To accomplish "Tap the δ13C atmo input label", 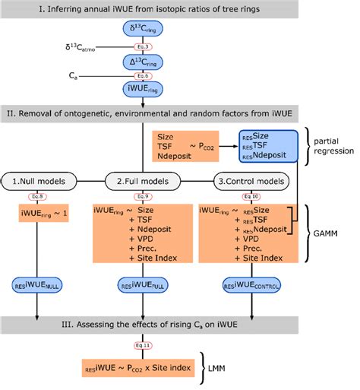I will tap(88, 47).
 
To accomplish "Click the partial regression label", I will tap(333, 151).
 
